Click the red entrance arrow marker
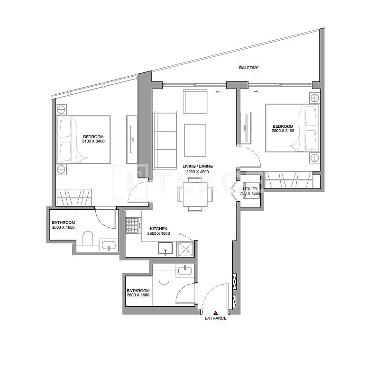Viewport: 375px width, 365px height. (215, 313)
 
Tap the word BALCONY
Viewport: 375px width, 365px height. (248, 68)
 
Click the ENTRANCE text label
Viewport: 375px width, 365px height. (215, 319)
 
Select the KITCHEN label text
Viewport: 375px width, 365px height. (158, 228)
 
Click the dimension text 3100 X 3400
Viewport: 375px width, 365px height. (93, 142)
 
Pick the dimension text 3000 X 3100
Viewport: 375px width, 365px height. (283, 131)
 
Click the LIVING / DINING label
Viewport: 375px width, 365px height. (198, 166)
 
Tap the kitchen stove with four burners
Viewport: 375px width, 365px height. (132, 226)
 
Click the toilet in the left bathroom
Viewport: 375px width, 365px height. (88, 238)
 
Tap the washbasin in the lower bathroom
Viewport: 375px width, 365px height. (184, 271)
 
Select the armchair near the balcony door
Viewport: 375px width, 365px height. (195, 103)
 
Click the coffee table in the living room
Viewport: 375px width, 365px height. (195, 140)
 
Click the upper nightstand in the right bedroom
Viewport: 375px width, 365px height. (314, 98)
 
